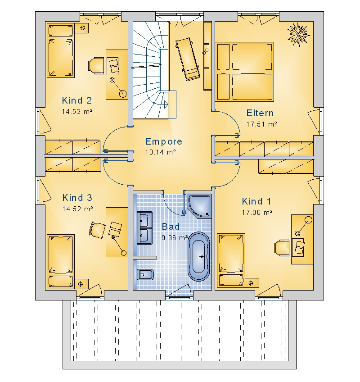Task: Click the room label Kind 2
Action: coord(77,100)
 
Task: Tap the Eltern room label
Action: coord(260,113)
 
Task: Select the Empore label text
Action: coord(163,141)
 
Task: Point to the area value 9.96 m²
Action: coord(175,237)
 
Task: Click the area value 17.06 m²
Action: coord(257,213)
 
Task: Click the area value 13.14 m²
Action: coord(161,152)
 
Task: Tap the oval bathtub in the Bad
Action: coord(198,256)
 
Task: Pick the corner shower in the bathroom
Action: coord(199,206)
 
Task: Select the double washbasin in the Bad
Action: coord(145,228)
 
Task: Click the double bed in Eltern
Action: coord(244,72)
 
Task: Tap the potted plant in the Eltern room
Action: coord(299,34)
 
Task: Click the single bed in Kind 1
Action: coord(231,260)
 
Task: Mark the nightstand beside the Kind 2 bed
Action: coord(81,28)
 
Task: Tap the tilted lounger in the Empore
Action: coord(188,59)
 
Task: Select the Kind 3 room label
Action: coord(77,198)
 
